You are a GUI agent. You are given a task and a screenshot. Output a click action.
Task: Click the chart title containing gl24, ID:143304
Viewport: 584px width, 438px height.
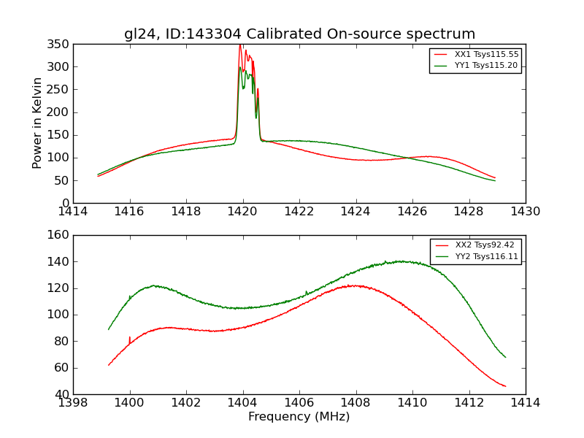pyautogui.click(x=299, y=34)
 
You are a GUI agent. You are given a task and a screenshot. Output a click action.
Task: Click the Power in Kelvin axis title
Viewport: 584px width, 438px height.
pyautogui.click(x=37, y=123)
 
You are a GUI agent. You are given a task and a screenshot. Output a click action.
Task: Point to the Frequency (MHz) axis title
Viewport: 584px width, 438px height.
pyautogui.click(x=299, y=417)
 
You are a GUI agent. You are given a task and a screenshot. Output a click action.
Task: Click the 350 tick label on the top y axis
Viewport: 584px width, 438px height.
pyautogui.click(x=61, y=45)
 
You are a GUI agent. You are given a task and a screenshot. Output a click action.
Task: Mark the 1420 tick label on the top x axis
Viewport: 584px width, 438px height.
pyautogui.click(x=243, y=212)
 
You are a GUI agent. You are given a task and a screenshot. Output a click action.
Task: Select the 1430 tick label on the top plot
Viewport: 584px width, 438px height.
pyautogui.click(x=526, y=212)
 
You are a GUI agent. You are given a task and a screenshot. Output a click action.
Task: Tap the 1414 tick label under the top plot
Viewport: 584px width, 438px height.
pyautogui.click(x=74, y=212)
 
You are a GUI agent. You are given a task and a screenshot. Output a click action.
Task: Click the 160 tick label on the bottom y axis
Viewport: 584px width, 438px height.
pyautogui.click(x=61, y=235)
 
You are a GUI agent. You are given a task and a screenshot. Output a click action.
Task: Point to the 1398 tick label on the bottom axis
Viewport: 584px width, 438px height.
pyautogui.click(x=74, y=403)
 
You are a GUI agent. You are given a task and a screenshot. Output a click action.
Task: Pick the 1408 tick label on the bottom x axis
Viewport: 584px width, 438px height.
pyautogui.click(x=356, y=403)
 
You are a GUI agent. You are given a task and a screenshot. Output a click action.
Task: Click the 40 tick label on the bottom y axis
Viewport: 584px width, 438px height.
pyautogui.click(x=64, y=394)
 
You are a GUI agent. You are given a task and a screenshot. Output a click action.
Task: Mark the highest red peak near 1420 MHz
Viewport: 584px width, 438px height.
pyautogui.click(x=240, y=45)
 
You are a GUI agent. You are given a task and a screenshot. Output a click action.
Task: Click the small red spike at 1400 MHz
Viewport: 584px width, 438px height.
pyautogui.click(x=130, y=338)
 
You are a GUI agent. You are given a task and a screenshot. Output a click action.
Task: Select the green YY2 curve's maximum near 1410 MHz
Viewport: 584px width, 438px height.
pyautogui.click(x=401, y=261)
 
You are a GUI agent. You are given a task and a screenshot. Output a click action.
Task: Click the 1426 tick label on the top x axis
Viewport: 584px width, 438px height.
pyautogui.click(x=412, y=212)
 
